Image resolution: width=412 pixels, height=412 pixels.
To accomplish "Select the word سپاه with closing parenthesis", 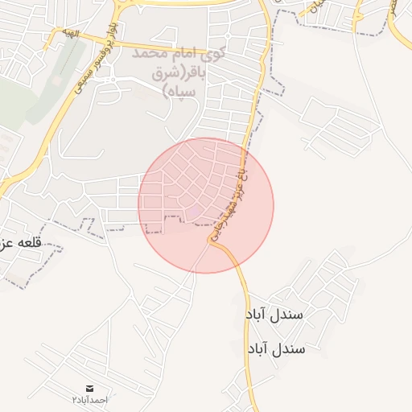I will coord(180,92).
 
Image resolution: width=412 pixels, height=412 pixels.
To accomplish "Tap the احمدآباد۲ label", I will coord(89,399).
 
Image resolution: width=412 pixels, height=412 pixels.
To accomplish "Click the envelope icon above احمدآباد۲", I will coord(89,388).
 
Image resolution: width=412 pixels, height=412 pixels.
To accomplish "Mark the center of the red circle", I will coord(206,206).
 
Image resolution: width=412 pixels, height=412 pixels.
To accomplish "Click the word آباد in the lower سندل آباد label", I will coord(257,349).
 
